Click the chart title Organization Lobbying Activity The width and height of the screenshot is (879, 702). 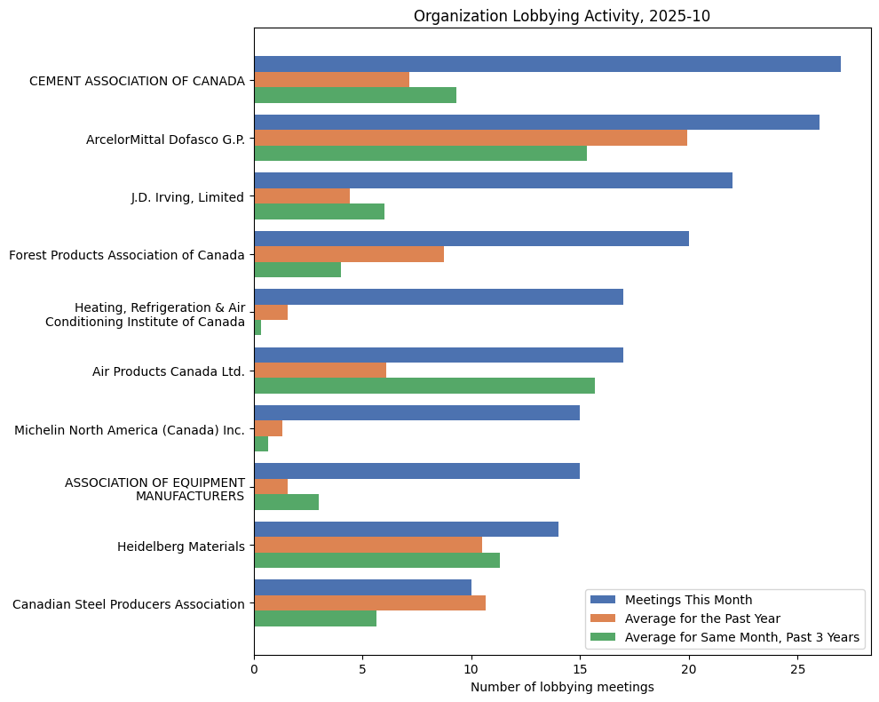561,16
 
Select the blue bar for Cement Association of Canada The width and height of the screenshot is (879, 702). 547,64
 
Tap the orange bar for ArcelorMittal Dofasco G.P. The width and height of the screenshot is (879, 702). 471,138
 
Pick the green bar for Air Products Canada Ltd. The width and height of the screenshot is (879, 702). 424,386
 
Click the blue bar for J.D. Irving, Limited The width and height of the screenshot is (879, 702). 493,180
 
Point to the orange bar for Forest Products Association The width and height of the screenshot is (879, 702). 349,254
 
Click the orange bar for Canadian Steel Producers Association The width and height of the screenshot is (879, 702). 369,602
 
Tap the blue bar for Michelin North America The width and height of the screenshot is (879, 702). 416,413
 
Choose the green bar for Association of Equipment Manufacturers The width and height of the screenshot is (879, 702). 286,502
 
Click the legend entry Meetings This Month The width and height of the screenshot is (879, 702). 688,599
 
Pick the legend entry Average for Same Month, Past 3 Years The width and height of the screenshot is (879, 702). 741,637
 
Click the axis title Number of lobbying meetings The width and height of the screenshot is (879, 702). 562,687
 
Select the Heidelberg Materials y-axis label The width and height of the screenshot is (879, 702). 180,546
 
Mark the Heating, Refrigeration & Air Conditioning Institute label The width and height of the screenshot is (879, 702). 146,315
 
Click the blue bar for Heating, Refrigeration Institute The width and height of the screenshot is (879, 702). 439,297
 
